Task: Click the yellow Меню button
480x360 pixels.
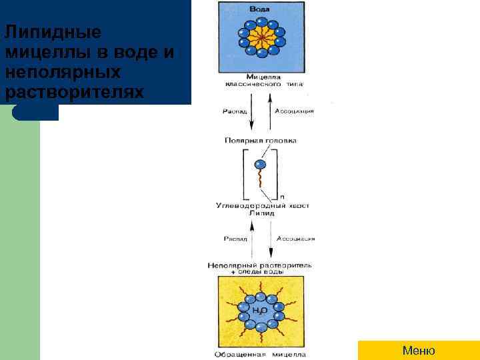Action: [419, 351]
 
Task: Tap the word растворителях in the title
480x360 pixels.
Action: [73, 90]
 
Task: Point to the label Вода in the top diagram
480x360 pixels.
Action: [260, 9]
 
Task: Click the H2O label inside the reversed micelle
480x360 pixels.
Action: [260, 310]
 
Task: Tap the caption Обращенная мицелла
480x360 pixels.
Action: [260, 353]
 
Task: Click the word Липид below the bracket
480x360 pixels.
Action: [258, 214]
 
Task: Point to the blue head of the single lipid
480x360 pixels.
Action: [260, 164]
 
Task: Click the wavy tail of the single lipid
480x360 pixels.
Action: [261, 181]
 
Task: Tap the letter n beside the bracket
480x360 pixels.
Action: [281, 197]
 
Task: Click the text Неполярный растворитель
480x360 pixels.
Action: [259, 265]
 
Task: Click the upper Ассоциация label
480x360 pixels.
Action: [294, 111]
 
